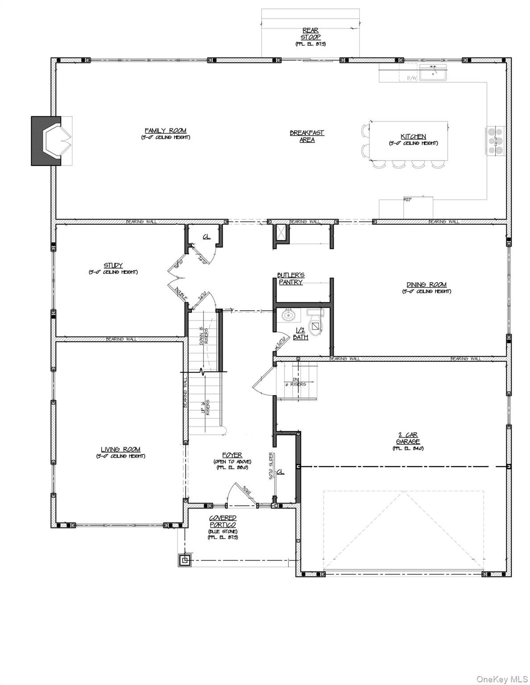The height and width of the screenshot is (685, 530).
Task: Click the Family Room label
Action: pyautogui.click(x=166, y=131)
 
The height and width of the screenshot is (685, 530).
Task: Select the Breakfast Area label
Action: pyautogui.click(x=307, y=136)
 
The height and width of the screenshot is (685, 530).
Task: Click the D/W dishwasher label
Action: pyautogui.click(x=411, y=78)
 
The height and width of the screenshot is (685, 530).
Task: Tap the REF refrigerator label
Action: pyautogui.click(x=407, y=200)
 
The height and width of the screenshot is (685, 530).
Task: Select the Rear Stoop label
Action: pyautogui.click(x=310, y=34)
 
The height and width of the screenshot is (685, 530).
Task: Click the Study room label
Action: pyautogui.click(x=113, y=265)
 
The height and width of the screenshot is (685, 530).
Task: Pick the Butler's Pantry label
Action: pyautogui.click(x=291, y=279)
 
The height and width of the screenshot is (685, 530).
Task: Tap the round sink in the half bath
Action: pyautogui.click(x=289, y=316)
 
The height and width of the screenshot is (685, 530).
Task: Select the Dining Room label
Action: pyautogui.click(x=426, y=285)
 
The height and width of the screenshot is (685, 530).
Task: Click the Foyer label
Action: pyautogui.click(x=232, y=455)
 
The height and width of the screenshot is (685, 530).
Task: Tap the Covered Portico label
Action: pyautogui.click(x=223, y=522)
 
